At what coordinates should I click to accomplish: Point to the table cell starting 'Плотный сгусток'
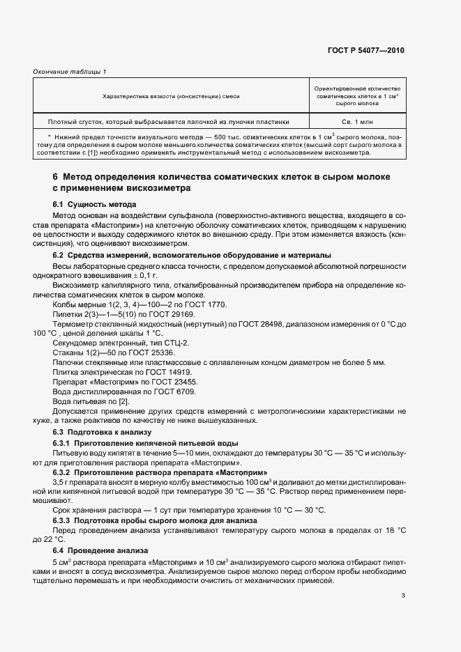coord(168,120)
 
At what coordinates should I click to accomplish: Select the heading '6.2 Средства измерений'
coord(192,256)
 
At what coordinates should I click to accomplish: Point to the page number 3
coord(403,595)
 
